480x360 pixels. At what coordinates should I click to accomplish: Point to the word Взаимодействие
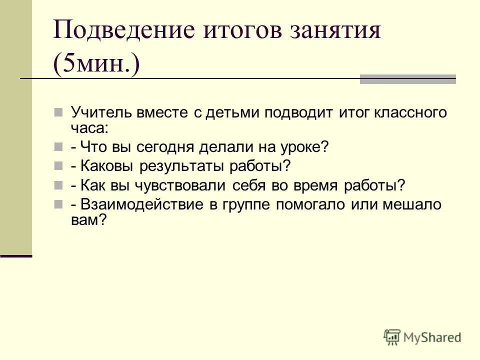[136, 205]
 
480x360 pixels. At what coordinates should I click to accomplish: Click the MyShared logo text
[432, 337]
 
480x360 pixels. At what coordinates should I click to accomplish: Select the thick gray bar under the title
[407, 79]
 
